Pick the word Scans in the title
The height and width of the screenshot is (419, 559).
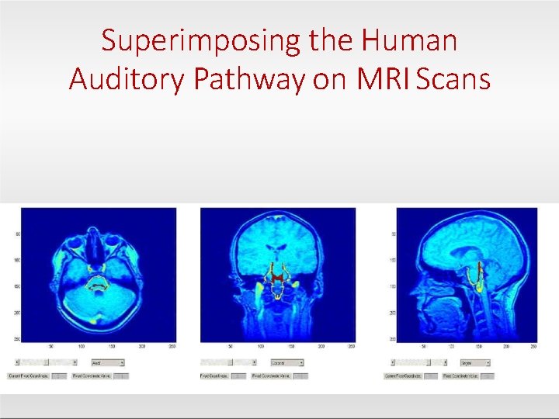[453, 78]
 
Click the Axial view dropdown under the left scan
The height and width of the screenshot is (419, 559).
[107, 362]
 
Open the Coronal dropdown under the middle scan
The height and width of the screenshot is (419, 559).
[286, 362]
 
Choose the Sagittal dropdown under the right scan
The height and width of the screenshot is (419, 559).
[474, 362]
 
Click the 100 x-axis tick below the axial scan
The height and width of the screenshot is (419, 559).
[82, 347]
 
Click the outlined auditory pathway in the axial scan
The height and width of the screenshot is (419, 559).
[97, 283]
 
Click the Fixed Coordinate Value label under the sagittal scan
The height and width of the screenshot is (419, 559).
[460, 376]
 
